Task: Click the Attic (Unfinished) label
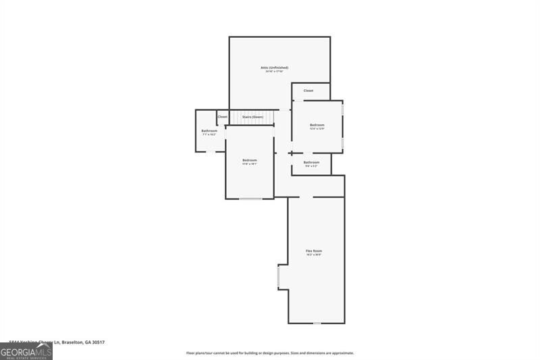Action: click(275, 68)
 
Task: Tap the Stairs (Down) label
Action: click(252, 117)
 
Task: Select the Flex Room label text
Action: click(314, 251)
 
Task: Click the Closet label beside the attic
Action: click(308, 91)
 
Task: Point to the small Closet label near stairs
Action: click(222, 117)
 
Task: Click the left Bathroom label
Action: click(209, 130)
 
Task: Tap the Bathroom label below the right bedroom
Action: click(311, 162)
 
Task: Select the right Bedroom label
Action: click(317, 125)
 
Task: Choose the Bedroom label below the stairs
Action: click(250, 160)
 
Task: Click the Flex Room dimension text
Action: click(314, 255)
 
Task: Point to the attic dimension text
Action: click(275, 72)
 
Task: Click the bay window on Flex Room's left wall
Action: click(279, 277)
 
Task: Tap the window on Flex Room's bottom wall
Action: click(317, 324)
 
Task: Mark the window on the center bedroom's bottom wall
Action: click(250, 199)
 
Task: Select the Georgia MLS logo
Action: click(26, 351)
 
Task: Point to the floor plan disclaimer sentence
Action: click(270, 353)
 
